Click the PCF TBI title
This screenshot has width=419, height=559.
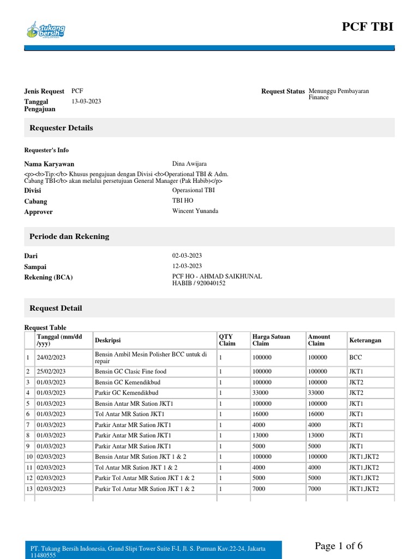pos(367,27)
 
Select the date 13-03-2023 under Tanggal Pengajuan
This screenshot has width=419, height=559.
pos(86,102)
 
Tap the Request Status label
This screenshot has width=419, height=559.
pos(283,92)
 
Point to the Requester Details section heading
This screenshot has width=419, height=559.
pos(61,128)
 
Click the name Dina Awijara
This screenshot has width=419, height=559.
pos(189,164)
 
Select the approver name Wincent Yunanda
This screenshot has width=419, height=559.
pos(195,211)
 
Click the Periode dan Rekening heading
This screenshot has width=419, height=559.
pos(69,236)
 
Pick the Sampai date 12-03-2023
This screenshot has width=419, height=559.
pos(187,266)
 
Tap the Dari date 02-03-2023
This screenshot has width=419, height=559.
pos(187,255)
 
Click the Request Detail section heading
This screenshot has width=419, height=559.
pos(56,308)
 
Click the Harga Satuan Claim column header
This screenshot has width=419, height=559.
pos(271,340)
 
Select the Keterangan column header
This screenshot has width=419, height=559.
pos(365,340)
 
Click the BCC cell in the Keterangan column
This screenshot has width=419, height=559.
pos(355,358)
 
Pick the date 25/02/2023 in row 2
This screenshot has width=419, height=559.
pos(51,372)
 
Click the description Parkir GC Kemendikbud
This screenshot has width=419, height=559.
pos(127,393)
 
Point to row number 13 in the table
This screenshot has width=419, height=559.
pos(29,489)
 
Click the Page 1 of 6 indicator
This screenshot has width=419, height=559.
pos(338,546)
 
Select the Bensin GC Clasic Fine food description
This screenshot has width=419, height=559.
pos(130,372)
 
